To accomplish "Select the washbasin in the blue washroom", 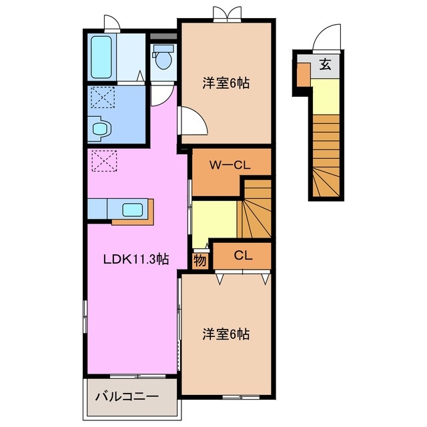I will tap(100, 127).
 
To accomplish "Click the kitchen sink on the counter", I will tap(131, 209).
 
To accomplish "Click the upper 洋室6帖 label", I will tap(226, 84).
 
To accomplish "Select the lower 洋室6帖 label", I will tap(226, 334).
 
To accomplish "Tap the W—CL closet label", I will tap(230, 165).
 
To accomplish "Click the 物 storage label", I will tap(200, 260).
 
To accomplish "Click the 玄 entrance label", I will tap(325, 65).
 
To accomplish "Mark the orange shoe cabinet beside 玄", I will tap(303, 76).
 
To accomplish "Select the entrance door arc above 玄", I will tap(325, 39).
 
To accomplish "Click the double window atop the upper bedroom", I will tap(225, 14).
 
